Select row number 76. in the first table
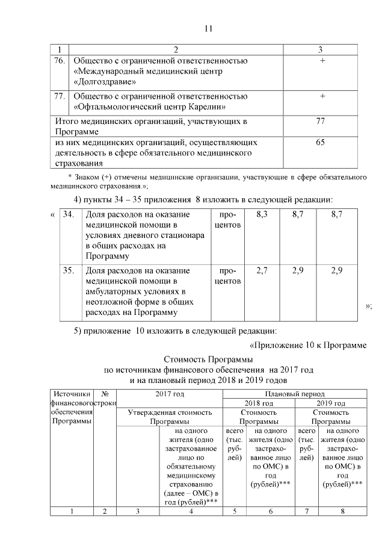coord(59,61)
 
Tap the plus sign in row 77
coord(322,96)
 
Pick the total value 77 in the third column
coord(320,121)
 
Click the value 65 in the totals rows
coord(320,142)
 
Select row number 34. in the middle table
coord(69,214)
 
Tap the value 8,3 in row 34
coord(262,214)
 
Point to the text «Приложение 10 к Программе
coord(307,344)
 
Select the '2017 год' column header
coord(169,393)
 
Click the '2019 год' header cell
coord(331,403)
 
